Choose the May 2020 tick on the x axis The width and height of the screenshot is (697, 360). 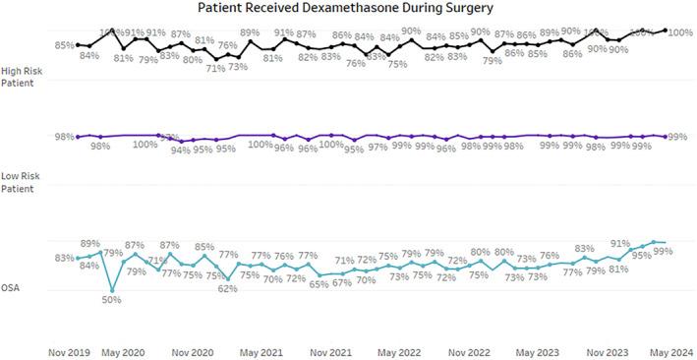point(124,350)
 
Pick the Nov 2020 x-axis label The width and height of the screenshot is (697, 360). point(193,350)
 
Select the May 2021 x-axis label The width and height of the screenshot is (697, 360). point(261,350)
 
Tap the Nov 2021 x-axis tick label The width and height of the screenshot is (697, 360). point(331,350)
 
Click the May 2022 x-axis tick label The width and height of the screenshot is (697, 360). point(400,350)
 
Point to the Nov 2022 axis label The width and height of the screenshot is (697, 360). point(469,350)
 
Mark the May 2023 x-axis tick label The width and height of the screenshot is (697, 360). point(538,350)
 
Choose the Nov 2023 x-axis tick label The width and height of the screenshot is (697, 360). point(607,350)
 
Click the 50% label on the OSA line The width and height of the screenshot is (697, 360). point(112,300)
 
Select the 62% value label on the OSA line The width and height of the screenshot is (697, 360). point(227,289)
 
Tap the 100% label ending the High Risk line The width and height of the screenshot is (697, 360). point(679,32)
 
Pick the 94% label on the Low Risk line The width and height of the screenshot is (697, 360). point(180,150)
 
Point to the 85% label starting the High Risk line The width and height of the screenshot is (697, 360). point(65,45)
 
